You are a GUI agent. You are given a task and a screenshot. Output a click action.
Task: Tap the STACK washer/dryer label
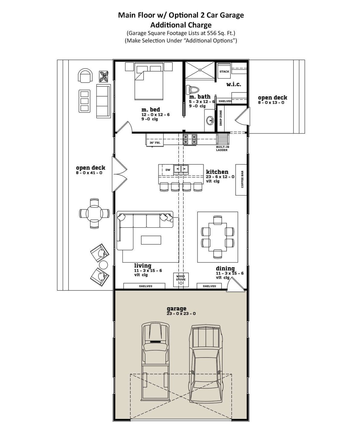[224, 71]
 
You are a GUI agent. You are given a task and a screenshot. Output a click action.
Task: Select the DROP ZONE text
[221, 118]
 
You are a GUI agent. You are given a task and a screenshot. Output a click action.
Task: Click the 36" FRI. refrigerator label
[155, 143]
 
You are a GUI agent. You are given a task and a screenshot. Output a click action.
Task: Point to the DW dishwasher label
[168, 170]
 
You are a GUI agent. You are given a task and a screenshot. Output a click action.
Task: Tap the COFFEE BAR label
[242, 179]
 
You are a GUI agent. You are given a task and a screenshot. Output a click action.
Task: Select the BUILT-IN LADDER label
[222, 148]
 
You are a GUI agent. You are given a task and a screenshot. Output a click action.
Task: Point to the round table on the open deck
[94, 213]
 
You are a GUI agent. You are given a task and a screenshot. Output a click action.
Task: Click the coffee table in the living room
[151, 240]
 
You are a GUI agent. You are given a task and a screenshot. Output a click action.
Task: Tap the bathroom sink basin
[210, 120]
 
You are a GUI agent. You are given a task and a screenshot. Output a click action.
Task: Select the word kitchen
[217, 172]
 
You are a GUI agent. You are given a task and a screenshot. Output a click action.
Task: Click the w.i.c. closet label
[233, 84]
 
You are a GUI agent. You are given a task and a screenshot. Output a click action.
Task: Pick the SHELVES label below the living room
[145, 286]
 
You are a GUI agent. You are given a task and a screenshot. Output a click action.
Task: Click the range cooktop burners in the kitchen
[190, 139]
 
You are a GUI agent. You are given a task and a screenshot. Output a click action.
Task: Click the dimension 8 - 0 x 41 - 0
[89, 173]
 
